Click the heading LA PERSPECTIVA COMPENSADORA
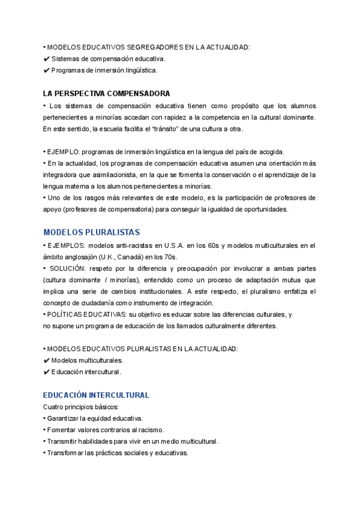tap(106, 94)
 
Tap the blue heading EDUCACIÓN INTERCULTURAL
tap(96, 395)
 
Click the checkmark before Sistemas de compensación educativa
tap(47, 59)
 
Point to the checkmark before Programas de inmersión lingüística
tap(47, 71)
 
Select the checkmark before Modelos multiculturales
tap(47, 361)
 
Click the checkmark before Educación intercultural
tap(47, 372)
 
